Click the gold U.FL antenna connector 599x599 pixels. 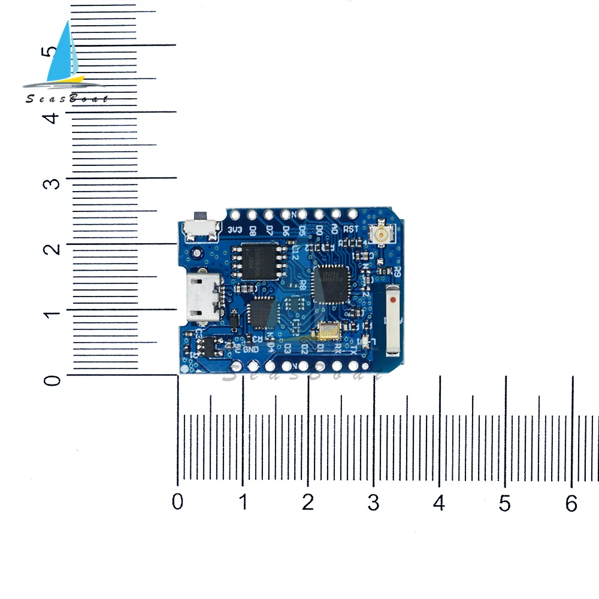coord(380,234)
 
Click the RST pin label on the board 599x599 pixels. coord(351,228)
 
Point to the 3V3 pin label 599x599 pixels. coord(235,229)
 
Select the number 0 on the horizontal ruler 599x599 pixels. coord(177,502)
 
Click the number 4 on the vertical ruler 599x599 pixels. coord(54,117)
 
